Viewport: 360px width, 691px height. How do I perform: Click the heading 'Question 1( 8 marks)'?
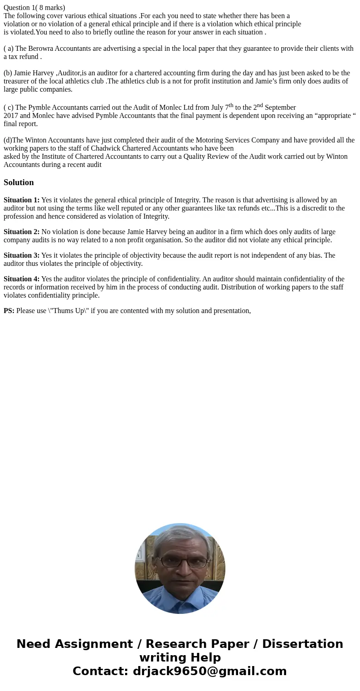tap(34, 7)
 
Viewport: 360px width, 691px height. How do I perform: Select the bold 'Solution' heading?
tap(19, 182)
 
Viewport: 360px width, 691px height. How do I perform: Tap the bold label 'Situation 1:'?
tap(21, 200)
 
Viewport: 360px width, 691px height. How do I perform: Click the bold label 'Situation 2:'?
tap(21, 232)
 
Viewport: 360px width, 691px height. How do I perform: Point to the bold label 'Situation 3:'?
tap(21, 255)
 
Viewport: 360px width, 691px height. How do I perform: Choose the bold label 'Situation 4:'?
tap(21, 279)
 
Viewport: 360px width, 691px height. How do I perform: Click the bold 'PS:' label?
tap(9, 311)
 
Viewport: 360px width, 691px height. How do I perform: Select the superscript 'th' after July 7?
tap(231, 105)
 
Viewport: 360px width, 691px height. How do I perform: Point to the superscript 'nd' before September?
tap(260, 105)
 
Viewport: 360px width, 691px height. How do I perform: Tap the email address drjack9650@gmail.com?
tap(210, 671)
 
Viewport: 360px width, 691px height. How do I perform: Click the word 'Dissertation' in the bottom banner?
tap(302, 644)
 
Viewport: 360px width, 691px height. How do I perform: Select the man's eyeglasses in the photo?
tap(180, 561)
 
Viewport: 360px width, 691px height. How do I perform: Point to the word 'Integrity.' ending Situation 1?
tap(155, 216)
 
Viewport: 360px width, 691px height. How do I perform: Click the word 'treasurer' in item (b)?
tap(19, 81)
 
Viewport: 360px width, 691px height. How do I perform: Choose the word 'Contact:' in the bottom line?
tap(101, 671)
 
